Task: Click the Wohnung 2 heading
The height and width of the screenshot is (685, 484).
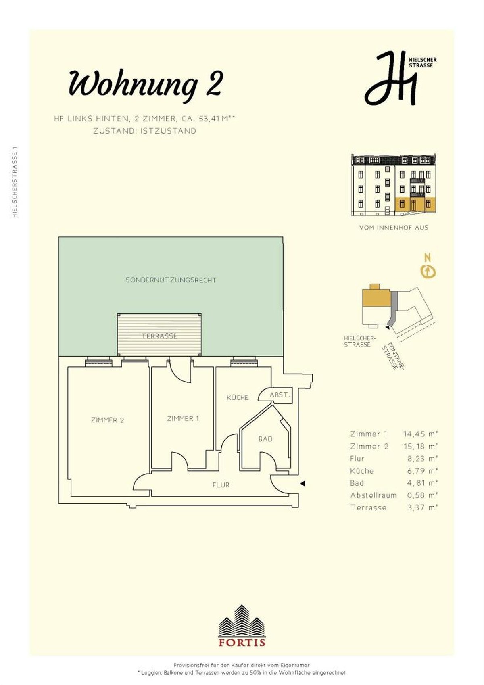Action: pyautogui.click(x=146, y=84)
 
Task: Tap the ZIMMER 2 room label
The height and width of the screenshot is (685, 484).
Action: pyautogui.click(x=107, y=420)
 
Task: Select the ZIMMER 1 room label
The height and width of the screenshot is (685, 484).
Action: pyautogui.click(x=183, y=418)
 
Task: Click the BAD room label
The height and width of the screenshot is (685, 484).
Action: pyautogui.click(x=265, y=439)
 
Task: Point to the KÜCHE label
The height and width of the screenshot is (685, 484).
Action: pyautogui.click(x=237, y=398)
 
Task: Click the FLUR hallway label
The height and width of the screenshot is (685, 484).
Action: pyautogui.click(x=221, y=485)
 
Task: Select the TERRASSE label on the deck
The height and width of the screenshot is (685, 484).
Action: pyautogui.click(x=159, y=336)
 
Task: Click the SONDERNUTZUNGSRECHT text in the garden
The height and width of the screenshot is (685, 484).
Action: pyautogui.click(x=171, y=280)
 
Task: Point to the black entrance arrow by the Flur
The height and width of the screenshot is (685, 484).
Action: pyautogui.click(x=302, y=483)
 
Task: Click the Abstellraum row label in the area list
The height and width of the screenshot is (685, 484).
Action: pyautogui.click(x=373, y=495)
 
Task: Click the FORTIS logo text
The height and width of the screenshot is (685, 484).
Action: pyautogui.click(x=242, y=642)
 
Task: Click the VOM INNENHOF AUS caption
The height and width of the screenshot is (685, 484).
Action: pyautogui.click(x=394, y=228)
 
